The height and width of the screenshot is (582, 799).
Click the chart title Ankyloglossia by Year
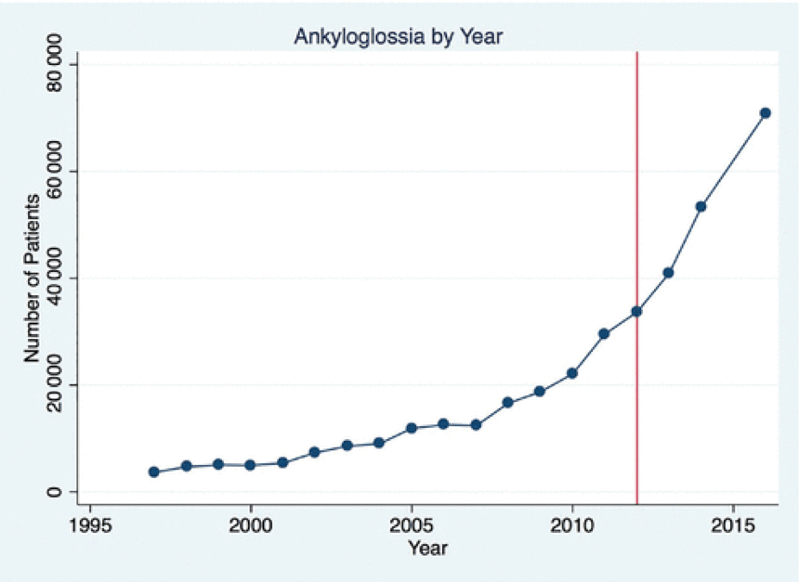click(399, 37)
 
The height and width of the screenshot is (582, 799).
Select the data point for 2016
click(766, 113)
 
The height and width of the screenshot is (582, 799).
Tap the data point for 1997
click(154, 472)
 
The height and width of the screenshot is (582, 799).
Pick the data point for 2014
click(701, 206)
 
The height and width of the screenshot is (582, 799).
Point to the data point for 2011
click(604, 333)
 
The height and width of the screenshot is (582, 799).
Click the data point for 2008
click(507, 403)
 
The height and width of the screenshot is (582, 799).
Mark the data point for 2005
click(411, 428)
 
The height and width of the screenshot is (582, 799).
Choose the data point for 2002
click(315, 452)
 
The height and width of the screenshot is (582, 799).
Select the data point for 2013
click(668, 273)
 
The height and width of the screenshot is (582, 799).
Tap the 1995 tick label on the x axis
click(90, 524)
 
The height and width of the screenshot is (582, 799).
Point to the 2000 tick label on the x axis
click(251, 524)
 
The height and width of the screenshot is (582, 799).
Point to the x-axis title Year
click(427, 549)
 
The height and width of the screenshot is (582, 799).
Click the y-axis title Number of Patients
click(33, 278)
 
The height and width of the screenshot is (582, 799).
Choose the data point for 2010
click(572, 373)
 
